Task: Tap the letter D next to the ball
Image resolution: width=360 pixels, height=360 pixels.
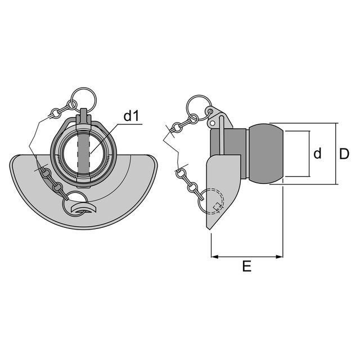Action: pos(344,154)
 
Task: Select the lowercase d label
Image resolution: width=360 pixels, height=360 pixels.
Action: pos(317,154)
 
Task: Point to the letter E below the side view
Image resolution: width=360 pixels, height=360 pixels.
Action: pos(246,267)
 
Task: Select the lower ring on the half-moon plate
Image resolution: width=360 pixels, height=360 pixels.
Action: pos(81,206)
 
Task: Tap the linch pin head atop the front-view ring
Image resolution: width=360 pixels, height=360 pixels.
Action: pos(84,115)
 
